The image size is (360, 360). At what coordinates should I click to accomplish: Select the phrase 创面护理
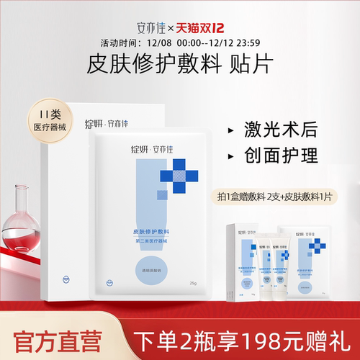point(270,155)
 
